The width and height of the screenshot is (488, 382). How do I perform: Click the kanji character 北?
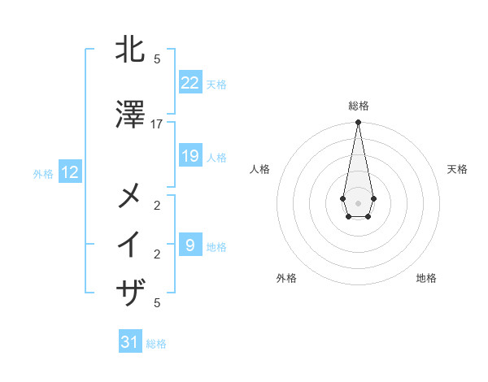(x=131, y=50)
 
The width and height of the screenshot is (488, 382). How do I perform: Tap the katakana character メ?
(x=131, y=195)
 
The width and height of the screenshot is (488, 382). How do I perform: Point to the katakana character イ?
(x=131, y=244)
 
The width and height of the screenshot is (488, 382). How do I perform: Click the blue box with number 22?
(x=190, y=83)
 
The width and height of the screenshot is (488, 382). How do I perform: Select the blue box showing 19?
(x=190, y=156)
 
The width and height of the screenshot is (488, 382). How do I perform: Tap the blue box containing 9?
(x=190, y=245)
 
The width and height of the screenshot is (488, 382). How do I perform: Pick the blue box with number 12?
(x=70, y=172)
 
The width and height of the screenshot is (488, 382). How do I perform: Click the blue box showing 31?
(x=130, y=342)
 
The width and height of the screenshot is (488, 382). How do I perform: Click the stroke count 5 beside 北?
(x=157, y=59)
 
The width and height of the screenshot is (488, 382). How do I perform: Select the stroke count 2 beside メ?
(x=157, y=204)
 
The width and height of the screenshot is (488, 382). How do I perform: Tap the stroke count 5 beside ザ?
(x=157, y=302)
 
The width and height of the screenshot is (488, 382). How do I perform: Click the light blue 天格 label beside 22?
(x=216, y=84)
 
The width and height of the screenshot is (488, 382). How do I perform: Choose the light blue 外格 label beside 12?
(x=43, y=173)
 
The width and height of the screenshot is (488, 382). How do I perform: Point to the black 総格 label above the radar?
(x=358, y=106)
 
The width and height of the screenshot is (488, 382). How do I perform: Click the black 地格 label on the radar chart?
(x=426, y=278)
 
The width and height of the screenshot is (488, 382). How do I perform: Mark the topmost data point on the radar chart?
(x=358, y=122)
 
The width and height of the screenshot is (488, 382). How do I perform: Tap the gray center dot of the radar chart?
(x=358, y=202)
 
